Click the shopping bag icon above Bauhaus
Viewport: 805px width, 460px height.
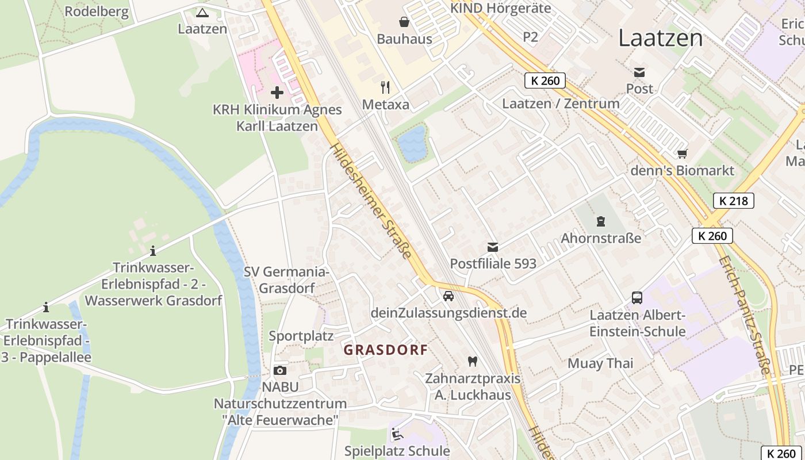(x=404, y=22)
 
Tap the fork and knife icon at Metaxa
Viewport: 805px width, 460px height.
(x=385, y=87)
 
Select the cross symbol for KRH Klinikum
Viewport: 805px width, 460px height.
(x=277, y=92)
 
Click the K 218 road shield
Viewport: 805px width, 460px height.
(x=733, y=201)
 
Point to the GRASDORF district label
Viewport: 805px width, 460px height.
(x=385, y=350)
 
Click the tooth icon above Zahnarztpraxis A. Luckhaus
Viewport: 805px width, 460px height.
(x=473, y=362)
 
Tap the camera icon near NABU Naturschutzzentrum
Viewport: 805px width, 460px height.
(x=280, y=370)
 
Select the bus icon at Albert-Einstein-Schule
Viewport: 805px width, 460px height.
(x=637, y=297)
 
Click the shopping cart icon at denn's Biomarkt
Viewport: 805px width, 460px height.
(x=683, y=154)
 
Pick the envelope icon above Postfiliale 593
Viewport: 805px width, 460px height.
(x=493, y=247)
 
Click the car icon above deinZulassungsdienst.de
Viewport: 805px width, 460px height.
(x=448, y=296)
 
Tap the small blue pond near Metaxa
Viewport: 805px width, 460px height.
(x=412, y=144)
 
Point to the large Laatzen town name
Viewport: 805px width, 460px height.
(x=660, y=39)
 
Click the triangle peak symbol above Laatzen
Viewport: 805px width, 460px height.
(x=202, y=12)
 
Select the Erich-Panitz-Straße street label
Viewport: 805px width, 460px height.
(x=745, y=315)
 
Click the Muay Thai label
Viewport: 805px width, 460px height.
(x=600, y=363)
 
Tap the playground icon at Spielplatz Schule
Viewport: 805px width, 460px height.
(x=397, y=434)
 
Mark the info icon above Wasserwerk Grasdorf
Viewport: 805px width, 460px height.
(x=153, y=251)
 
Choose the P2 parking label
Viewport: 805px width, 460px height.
(x=530, y=37)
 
